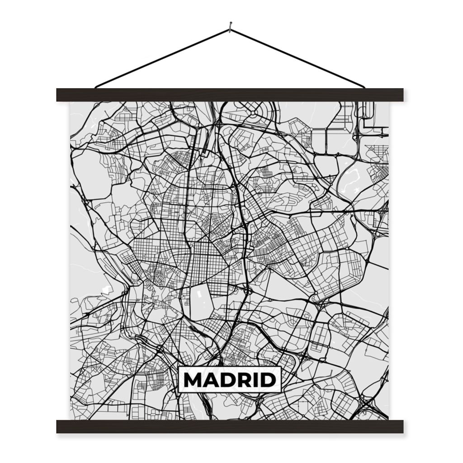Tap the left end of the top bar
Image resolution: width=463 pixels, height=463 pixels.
pyautogui.click(x=58, y=95)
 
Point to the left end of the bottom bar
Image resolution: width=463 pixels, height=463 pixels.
pyautogui.click(x=58, y=426)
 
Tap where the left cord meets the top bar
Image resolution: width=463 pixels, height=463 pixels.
pyautogui.click(x=96, y=87)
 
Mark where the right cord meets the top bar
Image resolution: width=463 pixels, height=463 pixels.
pyautogui.click(x=364, y=87)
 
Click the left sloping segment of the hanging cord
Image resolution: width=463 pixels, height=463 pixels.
pyautogui.click(x=163, y=58)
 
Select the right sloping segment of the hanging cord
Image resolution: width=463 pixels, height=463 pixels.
pyautogui.click(x=298, y=58)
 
